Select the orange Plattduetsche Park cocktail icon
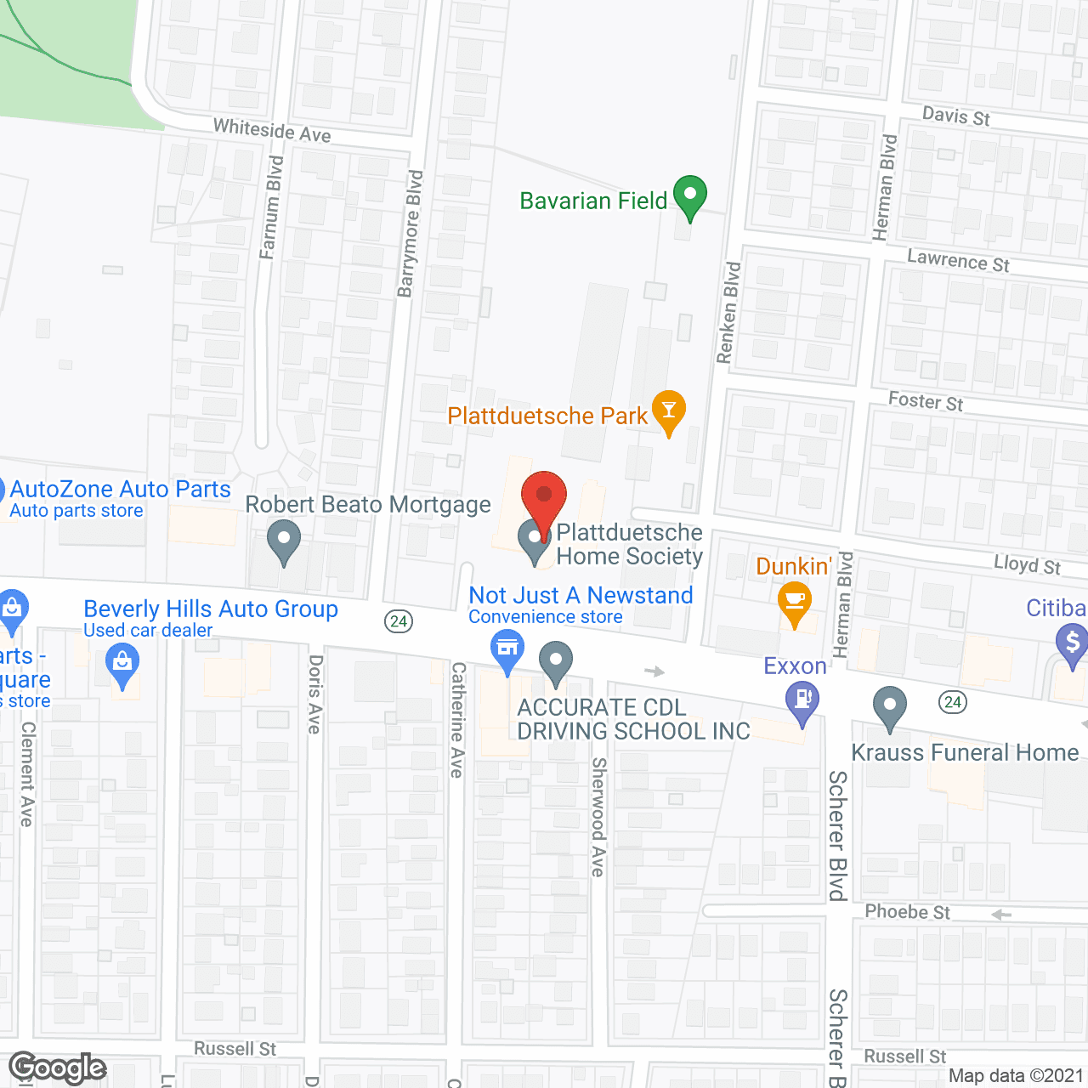click(x=669, y=411)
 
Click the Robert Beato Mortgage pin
click(x=284, y=541)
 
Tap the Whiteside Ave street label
click(x=272, y=130)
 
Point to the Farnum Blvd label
click(x=271, y=207)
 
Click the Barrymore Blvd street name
click(x=411, y=234)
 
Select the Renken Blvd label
click(x=728, y=313)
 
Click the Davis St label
click(x=956, y=116)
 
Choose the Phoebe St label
click(x=907, y=912)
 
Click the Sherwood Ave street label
click(x=598, y=817)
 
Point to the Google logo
click(x=58, y=1068)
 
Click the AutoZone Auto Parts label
click(x=120, y=490)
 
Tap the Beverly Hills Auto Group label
click(x=211, y=609)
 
